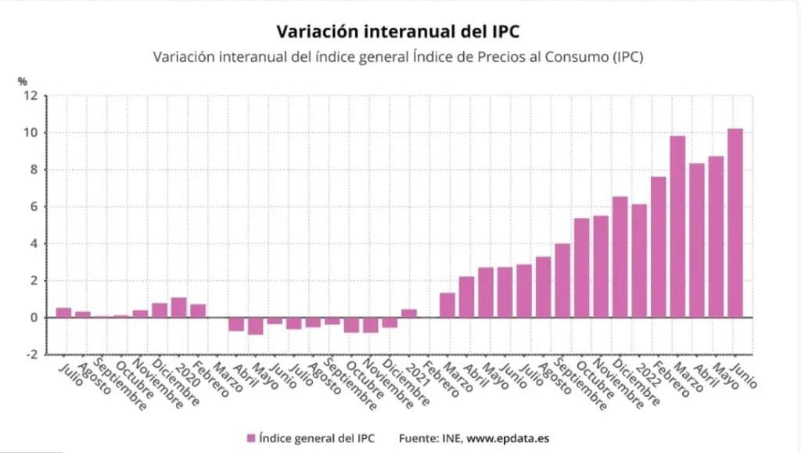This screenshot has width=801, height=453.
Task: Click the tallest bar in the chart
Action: point(735,223)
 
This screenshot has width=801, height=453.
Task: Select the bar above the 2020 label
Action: point(178,307)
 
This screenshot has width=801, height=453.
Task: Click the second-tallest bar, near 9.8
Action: point(677,227)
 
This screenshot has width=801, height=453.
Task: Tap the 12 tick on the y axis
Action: point(31,95)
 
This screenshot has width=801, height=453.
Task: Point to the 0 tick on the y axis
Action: point(34,318)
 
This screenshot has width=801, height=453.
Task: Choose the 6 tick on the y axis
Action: point(34,207)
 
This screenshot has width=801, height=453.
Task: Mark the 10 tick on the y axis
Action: point(31,133)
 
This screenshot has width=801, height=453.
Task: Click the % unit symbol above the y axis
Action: point(23,81)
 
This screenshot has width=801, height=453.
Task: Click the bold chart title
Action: point(398,31)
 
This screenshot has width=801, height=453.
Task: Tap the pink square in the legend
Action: point(251,438)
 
